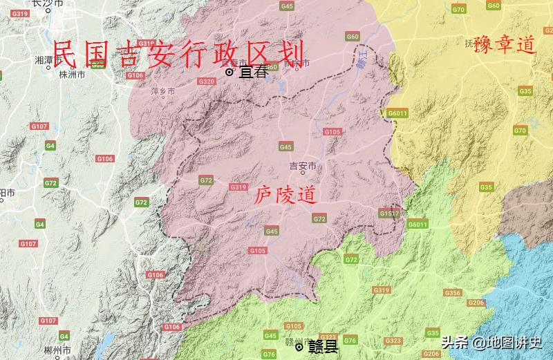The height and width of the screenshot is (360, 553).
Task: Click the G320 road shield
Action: pos(206,81)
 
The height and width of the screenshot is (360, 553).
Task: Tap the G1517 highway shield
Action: pos(389,214)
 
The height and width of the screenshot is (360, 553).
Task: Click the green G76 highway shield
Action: pos(350,340)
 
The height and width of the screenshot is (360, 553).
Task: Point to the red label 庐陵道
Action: pos(285,196)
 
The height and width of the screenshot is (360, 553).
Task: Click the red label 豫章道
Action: pos(505,46)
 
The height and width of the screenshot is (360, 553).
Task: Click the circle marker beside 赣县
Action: pos(299,347)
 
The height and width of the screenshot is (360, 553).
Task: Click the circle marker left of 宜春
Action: pos(229,71)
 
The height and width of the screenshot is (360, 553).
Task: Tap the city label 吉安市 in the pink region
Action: pos(303,167)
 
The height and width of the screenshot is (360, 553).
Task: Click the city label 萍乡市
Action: pos(163,91)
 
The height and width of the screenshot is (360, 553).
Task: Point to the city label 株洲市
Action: pos(72,74)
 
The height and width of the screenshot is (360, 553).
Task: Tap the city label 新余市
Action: pos(297,64)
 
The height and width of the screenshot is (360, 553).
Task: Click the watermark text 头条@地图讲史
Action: pos(492,342)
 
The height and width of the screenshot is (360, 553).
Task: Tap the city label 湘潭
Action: pos(44,60)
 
